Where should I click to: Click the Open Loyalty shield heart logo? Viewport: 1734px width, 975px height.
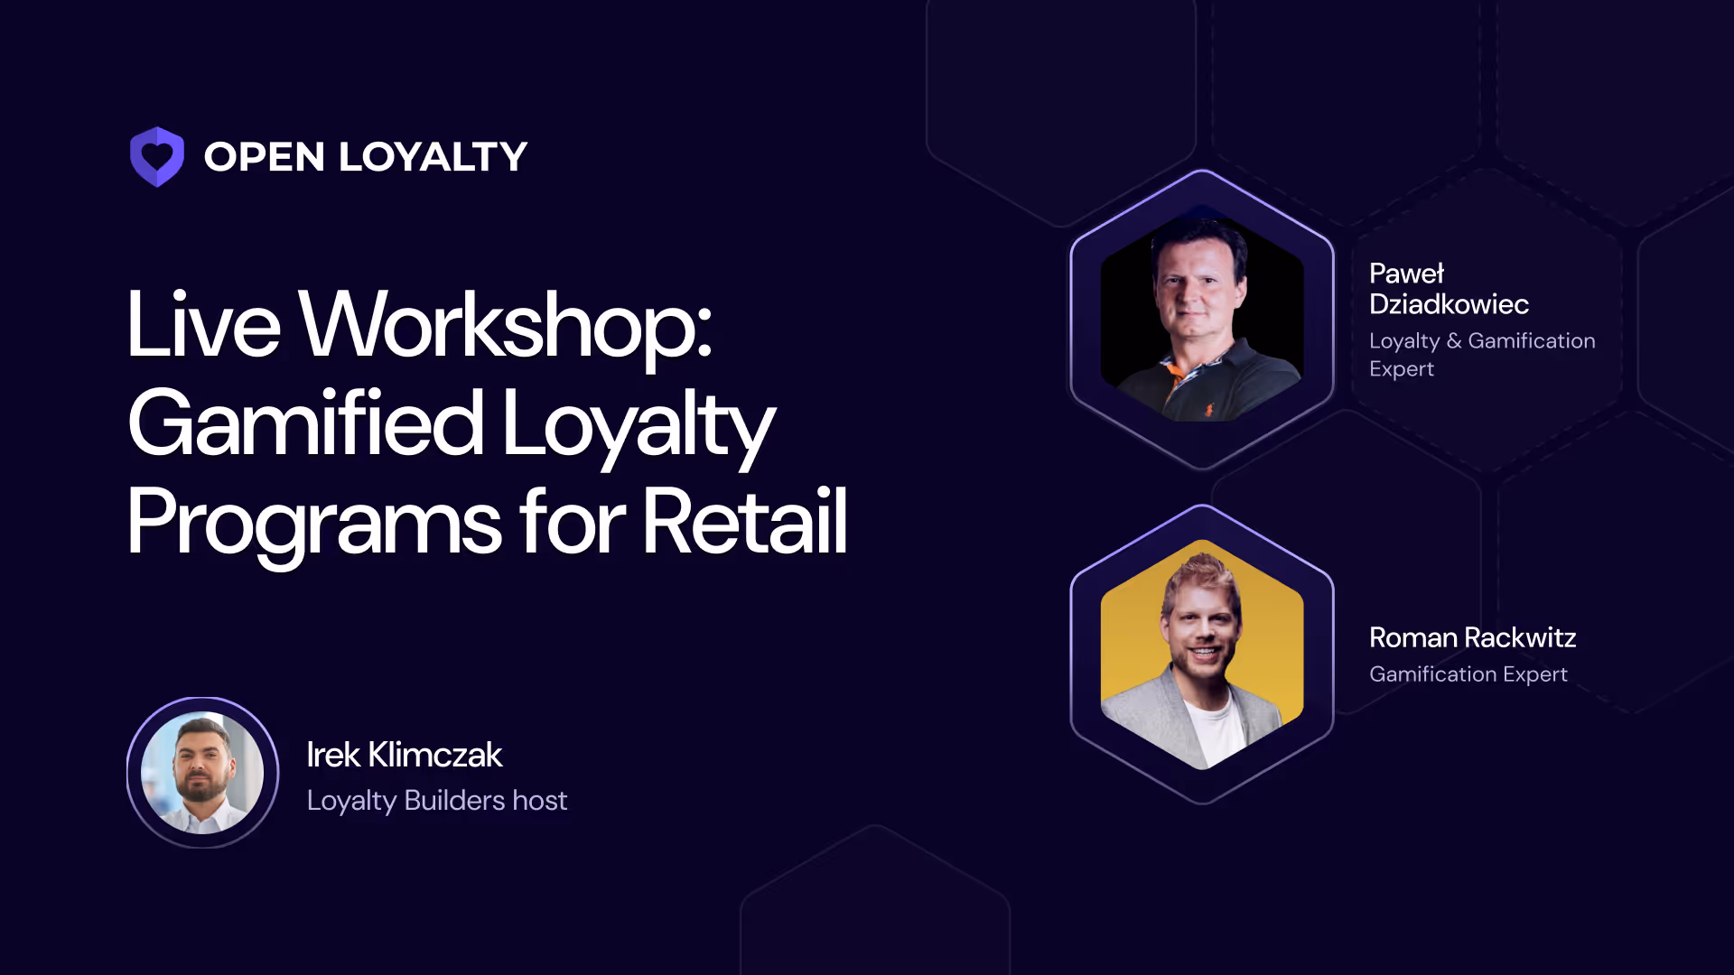[x=157, y=157]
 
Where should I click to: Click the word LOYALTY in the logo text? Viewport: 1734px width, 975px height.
[x=433, y=157]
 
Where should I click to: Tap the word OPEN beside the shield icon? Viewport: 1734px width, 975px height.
[x=264, y=157]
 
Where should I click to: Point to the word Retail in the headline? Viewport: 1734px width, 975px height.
[x=744, y=522]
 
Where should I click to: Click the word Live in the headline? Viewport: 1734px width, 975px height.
[x=203, y=325]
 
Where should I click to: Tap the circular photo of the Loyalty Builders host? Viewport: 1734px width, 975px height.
[x=203, y=773]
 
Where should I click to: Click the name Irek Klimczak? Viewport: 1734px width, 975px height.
[x=404, y=755]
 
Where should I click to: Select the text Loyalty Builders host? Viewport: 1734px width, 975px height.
[x=436, y=801]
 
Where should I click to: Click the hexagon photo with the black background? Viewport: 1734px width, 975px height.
[x=1201, y=318]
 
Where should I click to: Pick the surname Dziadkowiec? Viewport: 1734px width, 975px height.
[x=1449, y=304]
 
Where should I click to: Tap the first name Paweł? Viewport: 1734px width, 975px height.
[x=1406, y=274]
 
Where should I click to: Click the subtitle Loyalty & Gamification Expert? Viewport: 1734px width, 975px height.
[x=1481, y=354]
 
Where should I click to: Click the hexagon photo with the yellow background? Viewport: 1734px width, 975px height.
[x=1201, y=655]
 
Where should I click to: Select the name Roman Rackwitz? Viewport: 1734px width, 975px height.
[x=1472, y=637]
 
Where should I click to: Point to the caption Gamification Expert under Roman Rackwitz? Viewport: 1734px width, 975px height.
[x=1468, y=674]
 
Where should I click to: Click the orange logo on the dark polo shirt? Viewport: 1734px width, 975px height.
[x=1208, y=410]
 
